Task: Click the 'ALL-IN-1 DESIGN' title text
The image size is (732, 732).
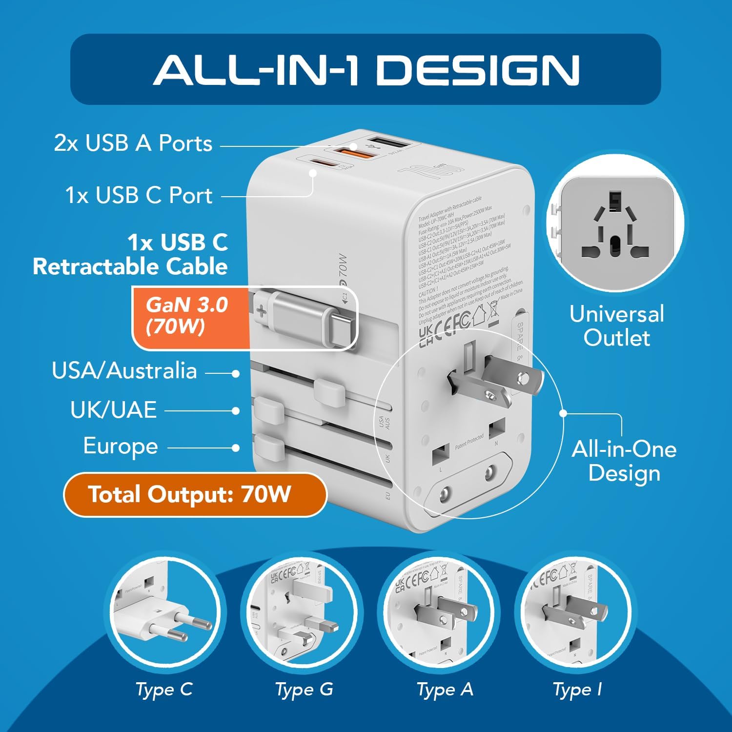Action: (366, 69)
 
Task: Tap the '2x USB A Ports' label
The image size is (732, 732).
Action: (133, 143)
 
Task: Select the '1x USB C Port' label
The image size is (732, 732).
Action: (139, 195)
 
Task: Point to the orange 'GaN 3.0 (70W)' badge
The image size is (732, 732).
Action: (188, 316)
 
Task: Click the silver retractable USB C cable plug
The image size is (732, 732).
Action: (312, 318)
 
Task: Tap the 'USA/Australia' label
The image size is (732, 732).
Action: (124, 370)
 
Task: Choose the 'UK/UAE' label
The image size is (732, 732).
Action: (113, 410)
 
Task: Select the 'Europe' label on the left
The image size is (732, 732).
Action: (121, 447)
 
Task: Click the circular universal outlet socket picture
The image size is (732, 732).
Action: (616, 225)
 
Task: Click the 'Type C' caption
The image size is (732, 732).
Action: (164, 690)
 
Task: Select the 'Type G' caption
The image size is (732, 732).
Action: (304, 690)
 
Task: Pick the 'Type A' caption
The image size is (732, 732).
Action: (445, 690)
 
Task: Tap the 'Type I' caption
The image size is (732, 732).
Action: (577, 690)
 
